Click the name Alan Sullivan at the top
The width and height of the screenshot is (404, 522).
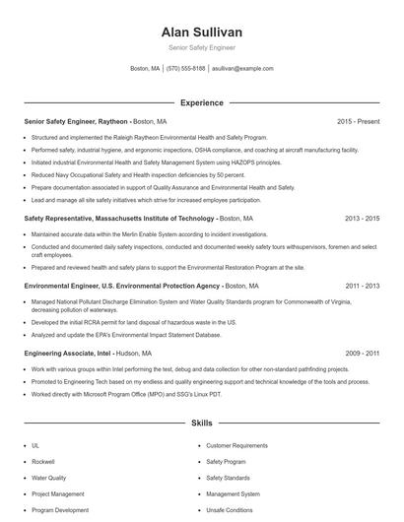tap(201, 33)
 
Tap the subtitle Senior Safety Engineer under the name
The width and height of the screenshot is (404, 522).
tap(201, 47)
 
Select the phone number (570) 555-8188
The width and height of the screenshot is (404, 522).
tap(186, 69)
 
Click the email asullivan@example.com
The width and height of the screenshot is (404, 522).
tap(242, 69)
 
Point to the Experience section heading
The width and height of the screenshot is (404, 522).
tap(201, 102)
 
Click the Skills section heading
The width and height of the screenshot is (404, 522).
tap(201, 424)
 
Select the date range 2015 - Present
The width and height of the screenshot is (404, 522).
tap(358, 121)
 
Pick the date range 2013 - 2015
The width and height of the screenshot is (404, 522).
tap(362, 219)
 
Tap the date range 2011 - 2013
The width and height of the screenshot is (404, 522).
tap(362, 286)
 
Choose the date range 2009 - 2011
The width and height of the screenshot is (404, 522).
tap(362, 353)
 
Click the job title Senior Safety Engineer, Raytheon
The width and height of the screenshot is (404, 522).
tap(76, 121)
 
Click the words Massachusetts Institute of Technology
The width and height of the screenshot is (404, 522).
tap(155, 219)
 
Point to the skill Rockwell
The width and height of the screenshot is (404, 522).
tap(42, 461)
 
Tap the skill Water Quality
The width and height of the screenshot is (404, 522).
tap(49, 478)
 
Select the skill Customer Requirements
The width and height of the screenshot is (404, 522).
tap(236, 445)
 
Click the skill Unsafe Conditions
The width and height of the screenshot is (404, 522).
tap(229, 510)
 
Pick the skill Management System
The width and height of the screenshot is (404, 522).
tap(233, 494)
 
